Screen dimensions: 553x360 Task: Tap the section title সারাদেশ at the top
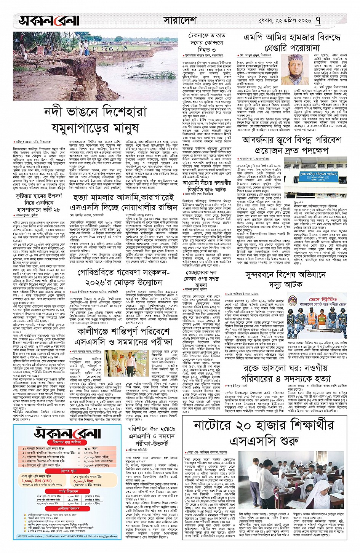coord(179,20)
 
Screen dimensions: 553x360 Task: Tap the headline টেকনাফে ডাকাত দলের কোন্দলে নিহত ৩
coord(207,42)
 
